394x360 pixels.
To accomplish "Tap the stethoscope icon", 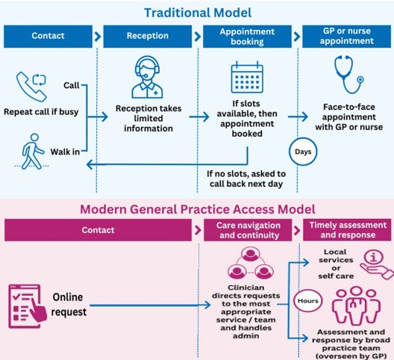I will [347, 78].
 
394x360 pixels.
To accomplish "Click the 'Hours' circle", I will [309, 302].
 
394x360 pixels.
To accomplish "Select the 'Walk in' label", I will [66, 152].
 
